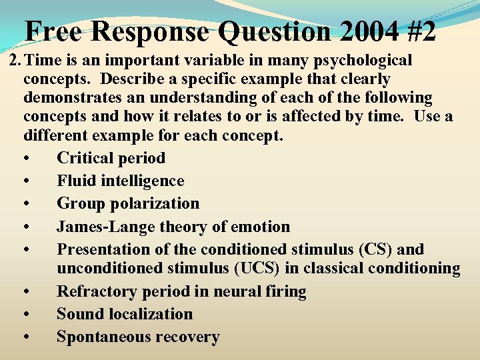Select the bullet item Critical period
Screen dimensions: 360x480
pos(111,158)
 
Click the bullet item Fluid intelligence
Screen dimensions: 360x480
pos(120,181)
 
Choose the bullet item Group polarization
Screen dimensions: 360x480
pos(127,203)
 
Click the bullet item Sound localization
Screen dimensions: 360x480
pos(124,314)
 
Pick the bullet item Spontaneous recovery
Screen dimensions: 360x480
pos(137,337)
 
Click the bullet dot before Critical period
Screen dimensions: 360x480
pos(25,159)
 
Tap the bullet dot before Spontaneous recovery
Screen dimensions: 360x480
pos(25,337)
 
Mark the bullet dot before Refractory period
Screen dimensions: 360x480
pos(25,292)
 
